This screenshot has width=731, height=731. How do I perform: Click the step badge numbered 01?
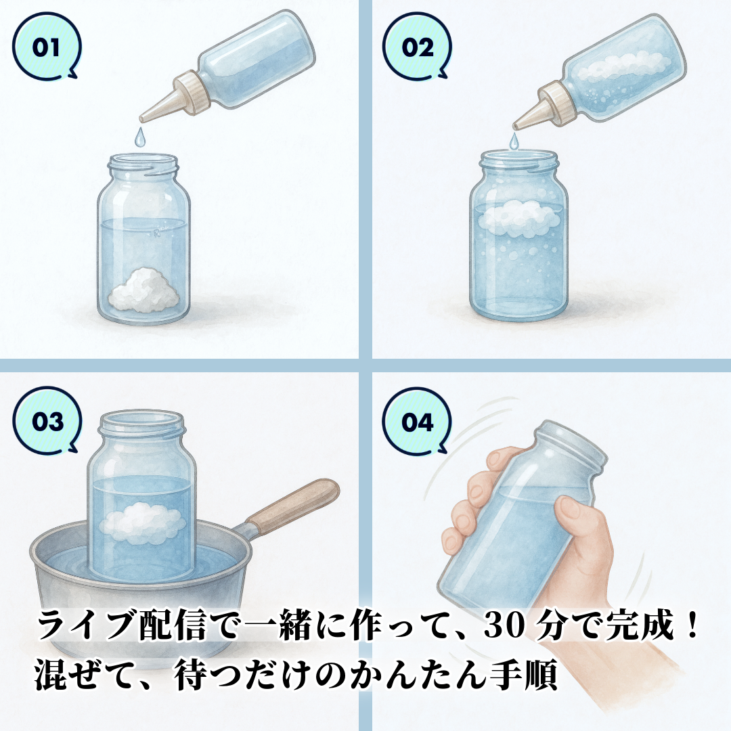pyautogui.click(x=47, y=47)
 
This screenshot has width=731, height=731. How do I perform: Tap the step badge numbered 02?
pyautogui.click(x=417, y=47)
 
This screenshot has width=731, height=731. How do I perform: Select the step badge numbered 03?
pyautogui.click(x=47, y=420)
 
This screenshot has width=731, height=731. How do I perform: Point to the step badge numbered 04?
pyautogui.click(x=417, y=422)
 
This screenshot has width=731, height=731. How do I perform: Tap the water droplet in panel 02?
pyautogui.click(x=514, y=141)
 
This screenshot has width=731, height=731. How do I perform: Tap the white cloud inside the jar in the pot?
pyautogui.click(x=141, y=523)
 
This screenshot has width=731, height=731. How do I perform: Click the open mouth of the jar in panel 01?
pyautogui.click(x=143, y=161)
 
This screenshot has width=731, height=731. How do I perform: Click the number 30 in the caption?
pyautogui.click(x=503, y=625)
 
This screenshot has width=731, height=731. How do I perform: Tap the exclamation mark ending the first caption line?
pyautogui.click(x=691, y=625)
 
